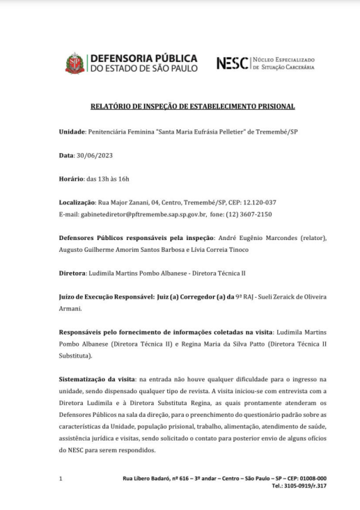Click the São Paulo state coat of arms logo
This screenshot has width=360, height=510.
tap(75, 63)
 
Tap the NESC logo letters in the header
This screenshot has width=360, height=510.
tap(233, 63)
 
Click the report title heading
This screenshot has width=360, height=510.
tap(193, 106)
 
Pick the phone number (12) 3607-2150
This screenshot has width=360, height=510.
tap(249, 214)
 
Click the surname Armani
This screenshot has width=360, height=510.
tap(70, 309)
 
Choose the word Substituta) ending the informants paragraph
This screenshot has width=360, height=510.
tap(77, 356)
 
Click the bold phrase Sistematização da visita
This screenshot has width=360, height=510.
tap(97, 379)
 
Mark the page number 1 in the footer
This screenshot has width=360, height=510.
tap(61, 478)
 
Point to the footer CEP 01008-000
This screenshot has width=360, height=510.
tap(309, 478)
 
